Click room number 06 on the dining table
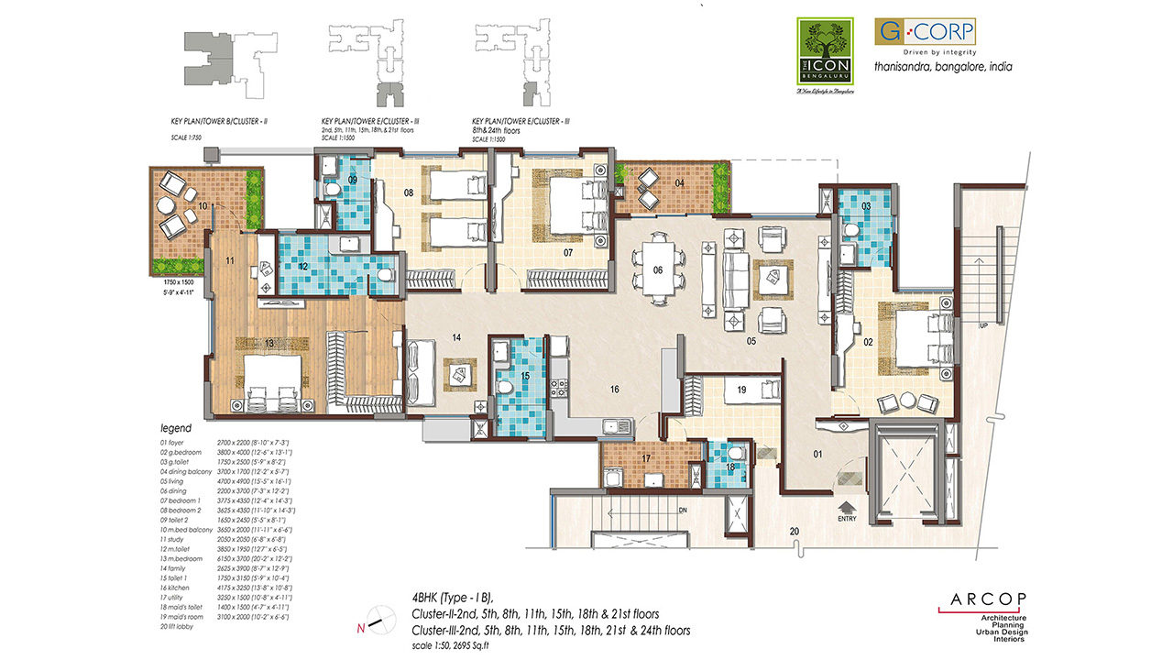pyautogui.click(x=658, y=269)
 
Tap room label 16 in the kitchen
pyautogui.click(x=615, y=390)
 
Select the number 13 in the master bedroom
pyautogui.click(x=269, y=343)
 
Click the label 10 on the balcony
pyautogui.click(x=203, y=205)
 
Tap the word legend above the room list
pyautogui.click(x=176, y=428)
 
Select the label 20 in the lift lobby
pyautogui.click(x=794, y=532)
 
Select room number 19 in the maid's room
pyautogui.click(x=741, y=390)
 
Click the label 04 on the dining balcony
pyautogui.click(x=679, y=183)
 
